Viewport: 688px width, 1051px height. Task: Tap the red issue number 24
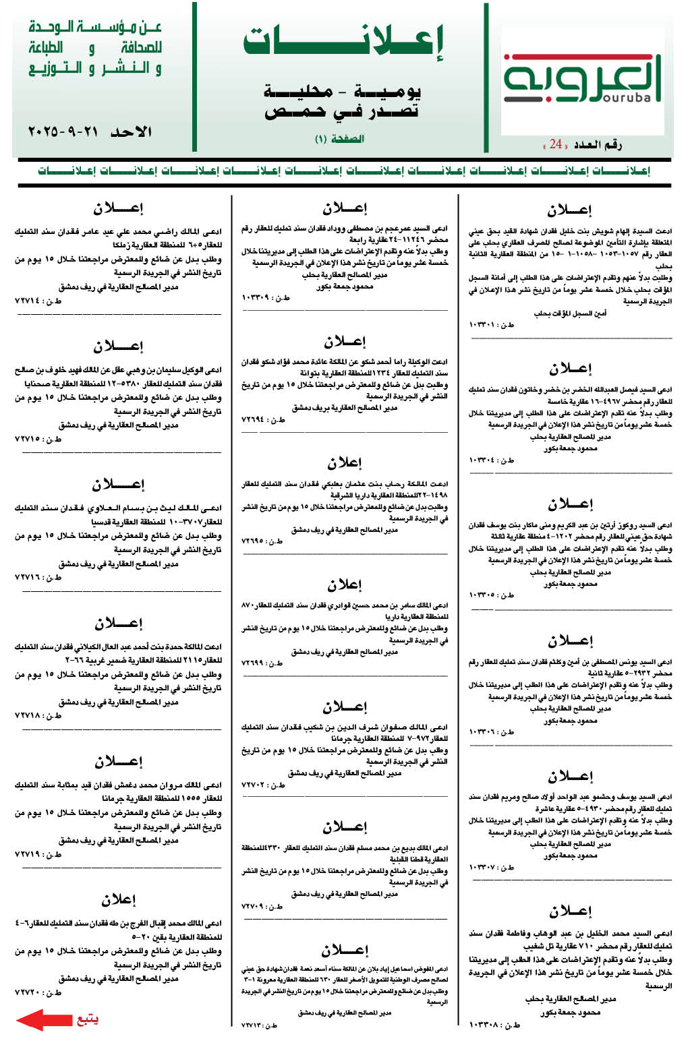pos(555,144)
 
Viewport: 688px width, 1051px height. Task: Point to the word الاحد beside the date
pos(131,131)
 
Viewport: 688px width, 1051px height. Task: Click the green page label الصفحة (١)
pos(339,139)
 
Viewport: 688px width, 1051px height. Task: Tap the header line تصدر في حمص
pos(341,111)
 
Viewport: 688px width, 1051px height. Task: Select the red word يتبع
pos(87,1019)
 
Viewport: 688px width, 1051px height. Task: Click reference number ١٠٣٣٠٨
pos(486,1025)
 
